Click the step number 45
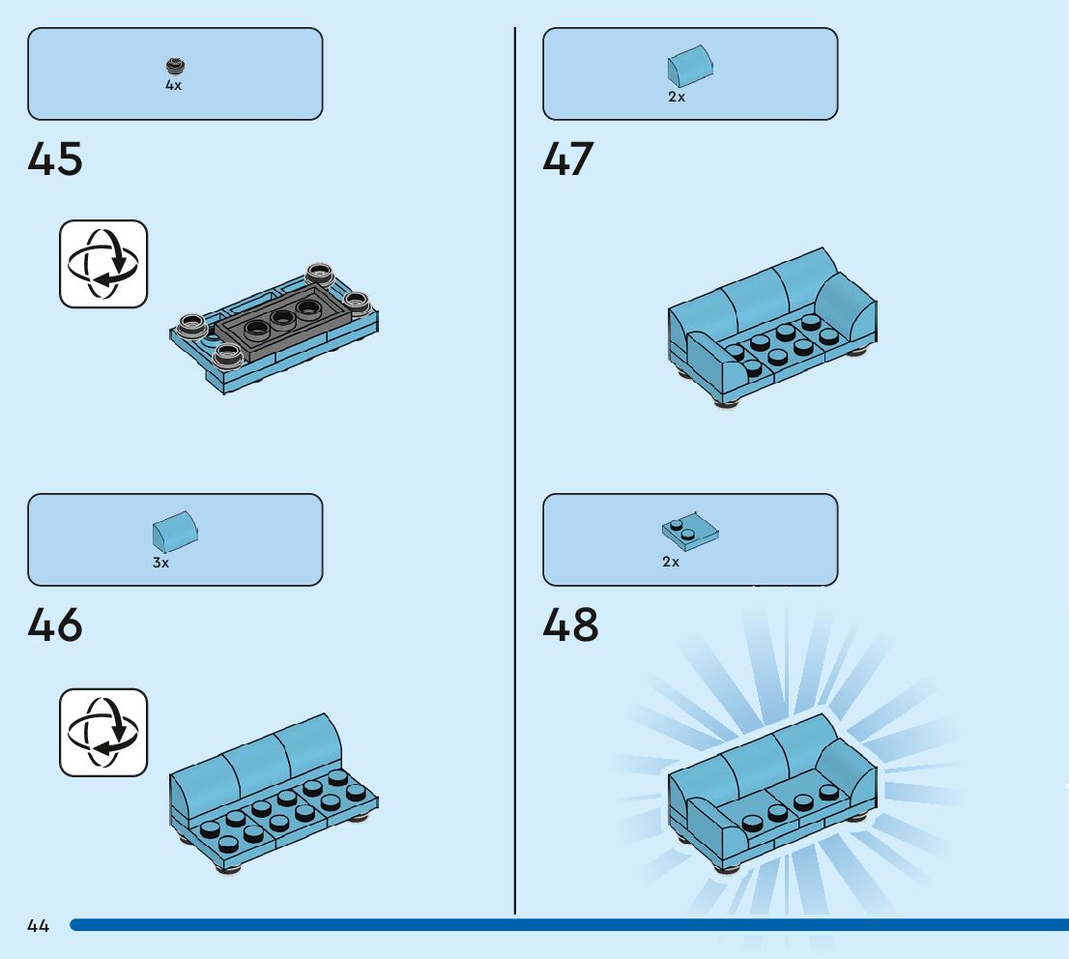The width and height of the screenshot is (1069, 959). (x=55, y=160)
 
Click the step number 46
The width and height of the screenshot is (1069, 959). (x=55, y=625)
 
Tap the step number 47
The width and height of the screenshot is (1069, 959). (x=568, y=160)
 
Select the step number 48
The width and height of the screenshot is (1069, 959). (x=570, y=625)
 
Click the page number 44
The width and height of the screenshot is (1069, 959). (x=39, y=926)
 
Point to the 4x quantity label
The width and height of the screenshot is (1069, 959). (x=173, y=85)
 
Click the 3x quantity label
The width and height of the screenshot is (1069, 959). (x=160, y=563)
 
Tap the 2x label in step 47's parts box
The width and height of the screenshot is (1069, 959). (x=677, y=98)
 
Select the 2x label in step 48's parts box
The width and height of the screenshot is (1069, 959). (x=671, y=562)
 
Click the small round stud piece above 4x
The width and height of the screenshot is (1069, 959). (x=174, y=67)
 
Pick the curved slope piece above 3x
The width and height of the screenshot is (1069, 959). (x=175, y=533)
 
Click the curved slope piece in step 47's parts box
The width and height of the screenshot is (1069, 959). (x=690, y=66)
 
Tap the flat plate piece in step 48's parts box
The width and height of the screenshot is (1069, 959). (x=690, y=531)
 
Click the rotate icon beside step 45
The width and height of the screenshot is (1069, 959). (x=103, y=264)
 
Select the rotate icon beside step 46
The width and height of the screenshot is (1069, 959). (x=103, y=732)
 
